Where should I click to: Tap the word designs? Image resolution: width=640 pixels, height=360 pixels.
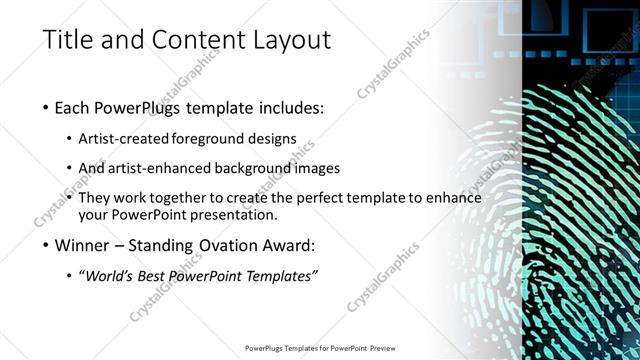[271, 138]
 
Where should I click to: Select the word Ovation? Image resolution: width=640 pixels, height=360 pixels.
[225, 245]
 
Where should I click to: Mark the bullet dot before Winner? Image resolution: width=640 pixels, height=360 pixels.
[47, 246]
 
